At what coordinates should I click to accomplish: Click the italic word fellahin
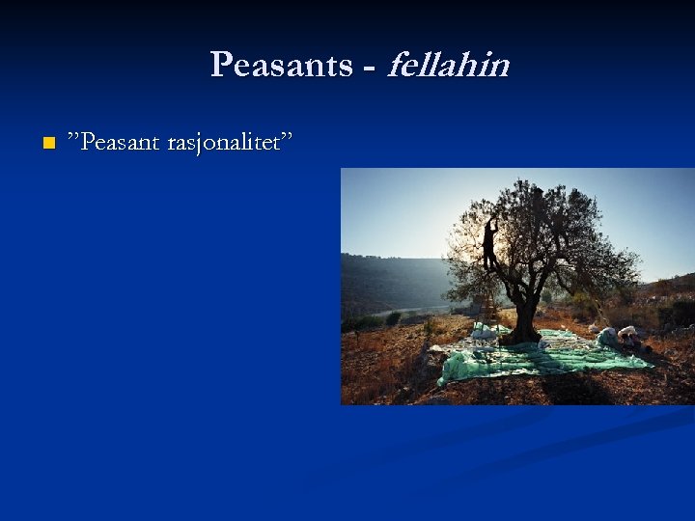tap(447, 65)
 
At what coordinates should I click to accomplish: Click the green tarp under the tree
tap(541, 355)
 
